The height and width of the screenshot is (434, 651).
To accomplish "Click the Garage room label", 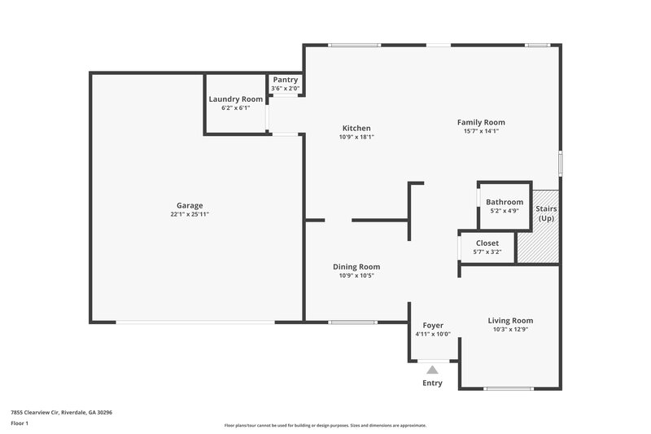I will (190, 205).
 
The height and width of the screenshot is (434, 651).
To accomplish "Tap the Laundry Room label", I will (235, 99).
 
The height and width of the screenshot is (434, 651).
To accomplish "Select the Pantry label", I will (286, 79).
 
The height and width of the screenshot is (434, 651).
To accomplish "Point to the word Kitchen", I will (356, 128).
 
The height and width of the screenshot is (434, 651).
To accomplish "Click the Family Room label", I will (481, 122).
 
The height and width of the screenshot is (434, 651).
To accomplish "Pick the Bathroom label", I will (505, 202).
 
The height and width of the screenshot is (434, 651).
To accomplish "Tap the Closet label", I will (487, 243).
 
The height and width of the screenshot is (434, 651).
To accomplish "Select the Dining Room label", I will (356, 266).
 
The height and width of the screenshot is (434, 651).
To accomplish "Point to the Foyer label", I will (433, 325).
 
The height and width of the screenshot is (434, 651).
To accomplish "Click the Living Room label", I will (510, 320).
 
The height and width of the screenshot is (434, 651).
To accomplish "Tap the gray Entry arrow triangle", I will (432, 370).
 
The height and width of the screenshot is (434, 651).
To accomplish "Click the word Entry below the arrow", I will (432, 383).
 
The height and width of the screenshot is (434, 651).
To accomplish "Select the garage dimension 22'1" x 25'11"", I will (190, 214).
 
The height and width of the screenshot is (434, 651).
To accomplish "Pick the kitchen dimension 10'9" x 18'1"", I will (356, 137).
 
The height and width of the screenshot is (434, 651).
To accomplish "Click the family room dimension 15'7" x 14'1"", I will (481, 131).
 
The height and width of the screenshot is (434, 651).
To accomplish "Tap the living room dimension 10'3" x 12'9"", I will (510, 329).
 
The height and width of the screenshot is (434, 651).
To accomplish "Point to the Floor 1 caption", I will (20, 423).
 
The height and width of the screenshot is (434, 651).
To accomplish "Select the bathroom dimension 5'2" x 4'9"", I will (505, 211).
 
